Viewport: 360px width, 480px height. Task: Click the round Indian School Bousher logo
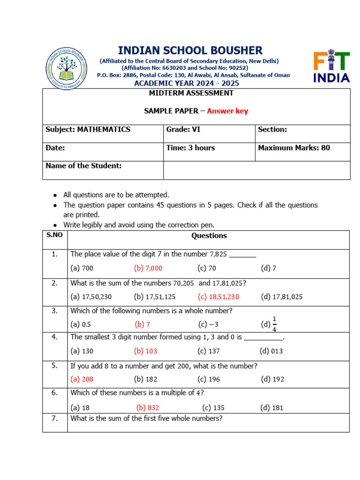[66, 68]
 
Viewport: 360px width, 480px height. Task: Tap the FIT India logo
[331, 67]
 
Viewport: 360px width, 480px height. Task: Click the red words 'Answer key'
[227, 111]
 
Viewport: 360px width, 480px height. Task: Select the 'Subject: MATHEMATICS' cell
[88, 129]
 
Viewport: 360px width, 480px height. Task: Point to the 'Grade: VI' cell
[183, 129]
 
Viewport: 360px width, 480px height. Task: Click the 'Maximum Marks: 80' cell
[294, 148]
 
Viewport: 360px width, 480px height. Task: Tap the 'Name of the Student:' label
[83, 165]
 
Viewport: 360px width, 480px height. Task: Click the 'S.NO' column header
[54, 235]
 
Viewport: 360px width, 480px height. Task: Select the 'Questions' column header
[209, 236]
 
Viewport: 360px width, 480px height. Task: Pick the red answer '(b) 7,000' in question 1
[148, 268]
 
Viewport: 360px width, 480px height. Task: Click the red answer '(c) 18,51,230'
[218, 296]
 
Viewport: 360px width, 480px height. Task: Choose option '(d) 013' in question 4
[271, 351]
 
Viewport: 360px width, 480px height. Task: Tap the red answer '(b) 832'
[148, 408]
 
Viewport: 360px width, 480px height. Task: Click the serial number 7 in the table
[54, 419]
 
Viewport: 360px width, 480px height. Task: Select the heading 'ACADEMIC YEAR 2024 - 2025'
[187, 83]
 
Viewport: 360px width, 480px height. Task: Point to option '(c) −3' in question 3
[209, 324]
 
